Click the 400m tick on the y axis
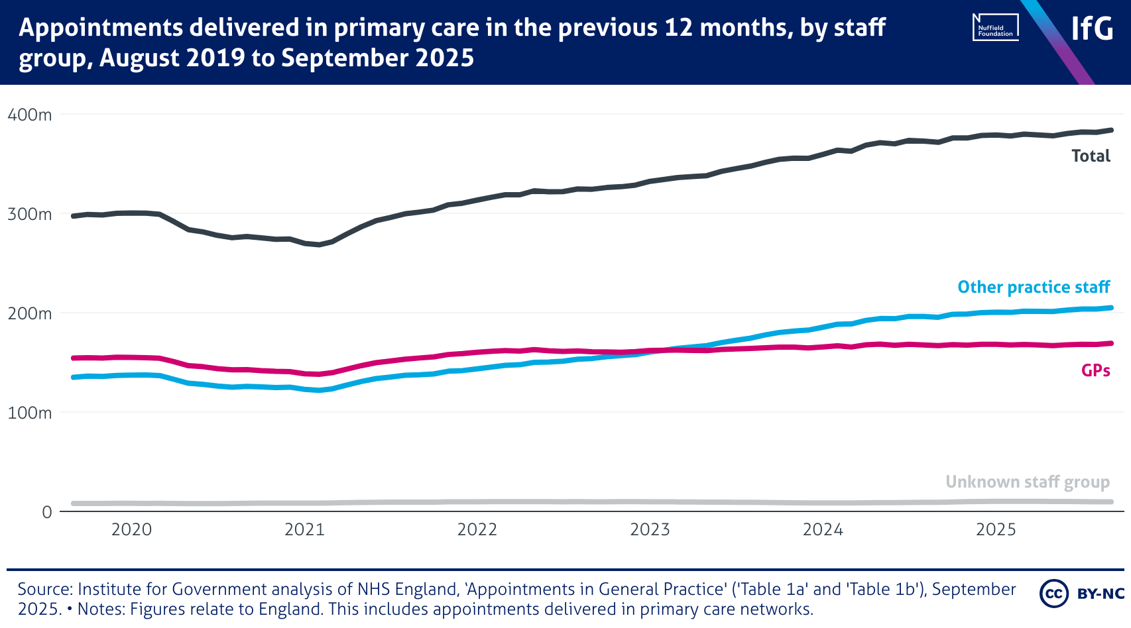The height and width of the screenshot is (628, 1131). [x=30, y=115]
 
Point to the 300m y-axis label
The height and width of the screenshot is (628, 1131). [x=30, y=214]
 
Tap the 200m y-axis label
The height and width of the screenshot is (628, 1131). [x=30, y=313]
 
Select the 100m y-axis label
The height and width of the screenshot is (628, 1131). [x=30, y=413]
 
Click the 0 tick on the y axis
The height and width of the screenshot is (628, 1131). [x=46, y=512]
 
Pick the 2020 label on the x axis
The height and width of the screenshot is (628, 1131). [x=131, y=529]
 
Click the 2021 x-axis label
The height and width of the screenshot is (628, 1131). [x=304, y=529]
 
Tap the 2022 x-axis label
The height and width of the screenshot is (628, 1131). [x=477, y=529]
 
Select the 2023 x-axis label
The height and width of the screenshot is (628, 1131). [x=650, y=529]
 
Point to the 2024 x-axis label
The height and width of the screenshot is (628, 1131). [x=823, y=529]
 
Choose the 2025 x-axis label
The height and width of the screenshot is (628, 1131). [x=996, y=529]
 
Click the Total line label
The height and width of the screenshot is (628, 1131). [x=1091, y=156]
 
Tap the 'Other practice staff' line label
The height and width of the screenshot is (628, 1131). [x=1034, y=287]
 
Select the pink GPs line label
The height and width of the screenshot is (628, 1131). [x=1095, y=370]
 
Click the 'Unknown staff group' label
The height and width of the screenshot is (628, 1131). [x=1028, y=482]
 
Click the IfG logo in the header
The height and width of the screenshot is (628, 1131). [x=1092, y=28]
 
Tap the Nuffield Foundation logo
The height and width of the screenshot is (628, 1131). [x=995, y=28]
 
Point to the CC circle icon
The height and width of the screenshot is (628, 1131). [x=1053, y=593]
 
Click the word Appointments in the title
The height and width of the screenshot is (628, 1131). [x=93, y=28]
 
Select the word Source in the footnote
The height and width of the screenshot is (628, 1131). [x=44, y=589]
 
